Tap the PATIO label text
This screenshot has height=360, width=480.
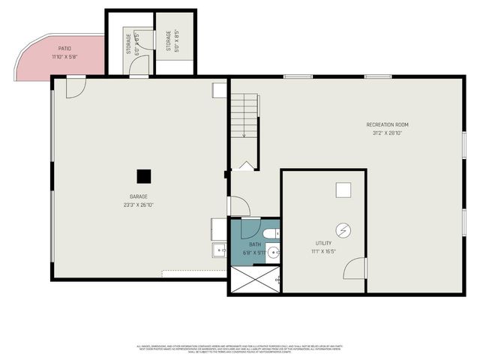coord(65,48)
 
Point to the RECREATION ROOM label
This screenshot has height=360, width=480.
coord(387,124)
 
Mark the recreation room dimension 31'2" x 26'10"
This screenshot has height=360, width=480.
coord(387,133)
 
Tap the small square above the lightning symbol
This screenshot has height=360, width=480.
coord(343,190)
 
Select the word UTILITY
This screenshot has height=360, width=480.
coord(322,243)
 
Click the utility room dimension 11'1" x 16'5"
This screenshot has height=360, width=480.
coord(322,251)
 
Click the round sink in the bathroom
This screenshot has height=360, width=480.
coord(274,253)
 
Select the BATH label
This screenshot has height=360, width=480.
coord(255,244)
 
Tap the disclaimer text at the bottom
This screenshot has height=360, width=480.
coord(240,349)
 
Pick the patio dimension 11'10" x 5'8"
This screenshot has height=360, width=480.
coord(65,56)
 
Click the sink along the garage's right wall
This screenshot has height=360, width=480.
coord(218,249)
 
